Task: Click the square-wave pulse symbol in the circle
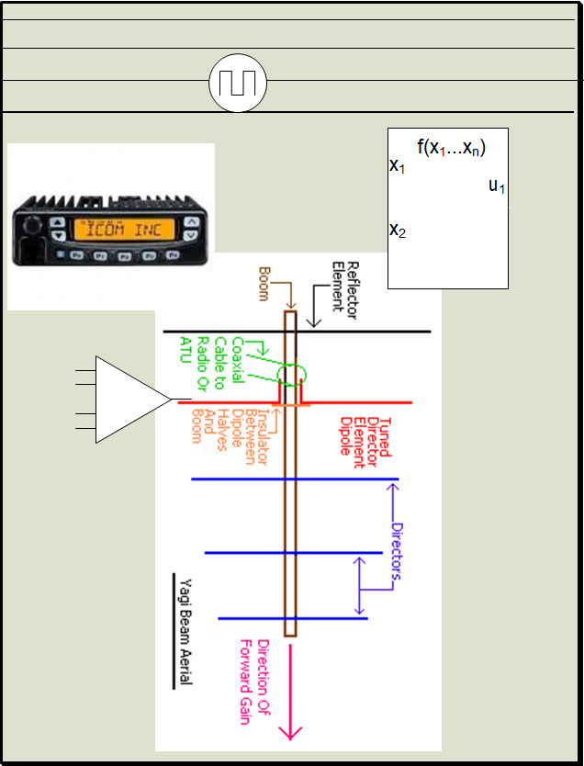(238, 84)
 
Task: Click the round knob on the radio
(33, 226)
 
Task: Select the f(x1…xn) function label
(451, 147)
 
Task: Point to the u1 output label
(497, 186)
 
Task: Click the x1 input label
(398, 166)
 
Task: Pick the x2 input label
(398, 230)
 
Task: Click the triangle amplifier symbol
(131, 400)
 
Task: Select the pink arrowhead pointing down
(291, 731)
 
